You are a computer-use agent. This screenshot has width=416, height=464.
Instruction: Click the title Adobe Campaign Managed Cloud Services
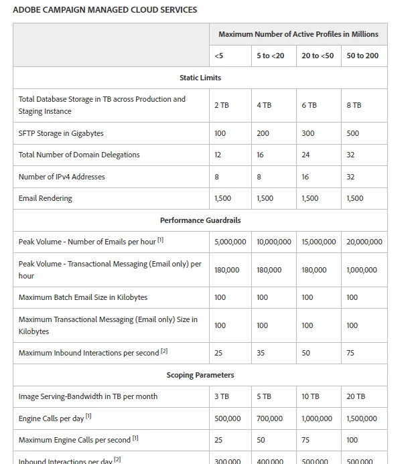pyautogui.click(x=105, y=10)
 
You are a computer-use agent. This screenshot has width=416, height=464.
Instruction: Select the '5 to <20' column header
pyautogui.click(x=270, y=56)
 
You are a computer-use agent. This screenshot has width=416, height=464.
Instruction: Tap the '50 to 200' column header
pyautogui.click(x=362, y=56)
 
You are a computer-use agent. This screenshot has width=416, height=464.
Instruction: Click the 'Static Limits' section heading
pyautogui.click(x=200, y=78)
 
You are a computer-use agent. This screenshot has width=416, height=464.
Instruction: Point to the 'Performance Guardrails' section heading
pyautogui.click(x=200, y=220)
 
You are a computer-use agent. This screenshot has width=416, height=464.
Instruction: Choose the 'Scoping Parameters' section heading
pyautogui.click(x=200, y=375)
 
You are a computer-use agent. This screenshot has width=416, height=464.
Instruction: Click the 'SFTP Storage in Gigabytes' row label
pyautogui.click(x=61, y=133)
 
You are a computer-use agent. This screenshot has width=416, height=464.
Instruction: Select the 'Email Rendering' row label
pyautogui.click(x=45, y=198)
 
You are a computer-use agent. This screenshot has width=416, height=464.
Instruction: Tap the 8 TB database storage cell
pyautogui.click(x=354, y=105)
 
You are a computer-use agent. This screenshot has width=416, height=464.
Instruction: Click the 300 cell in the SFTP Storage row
pyautogui.click(x=307, y=133)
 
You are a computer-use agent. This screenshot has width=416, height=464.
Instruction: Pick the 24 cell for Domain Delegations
pyautogui.click(x=305, y=155)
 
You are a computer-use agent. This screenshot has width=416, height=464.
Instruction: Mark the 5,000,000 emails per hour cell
pyautogui.click(x=230, y=242)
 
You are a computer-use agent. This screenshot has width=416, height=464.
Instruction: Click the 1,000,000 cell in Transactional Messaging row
pyautogui.click(x=362, y=270)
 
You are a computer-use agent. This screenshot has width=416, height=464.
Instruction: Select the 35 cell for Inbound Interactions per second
pyautogui.click(x=261, y=353)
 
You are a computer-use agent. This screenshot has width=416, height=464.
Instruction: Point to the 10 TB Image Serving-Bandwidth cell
pyautogui.click(x=310, y=396)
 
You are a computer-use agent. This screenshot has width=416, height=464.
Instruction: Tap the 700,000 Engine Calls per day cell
pyautogui.click(x=269, y=418)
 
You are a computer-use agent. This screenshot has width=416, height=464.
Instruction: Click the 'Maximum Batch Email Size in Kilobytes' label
pyautogui.click(x=83, y=297)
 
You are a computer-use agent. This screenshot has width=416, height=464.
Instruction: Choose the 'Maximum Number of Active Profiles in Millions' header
pyautogui.click(x=298, y=34)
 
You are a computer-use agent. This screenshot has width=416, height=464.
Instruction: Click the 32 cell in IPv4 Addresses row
pyautogui.click(x=350, y=177)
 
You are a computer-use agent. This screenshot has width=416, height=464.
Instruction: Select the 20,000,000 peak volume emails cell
pyautogui.click(x=364, y=242)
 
